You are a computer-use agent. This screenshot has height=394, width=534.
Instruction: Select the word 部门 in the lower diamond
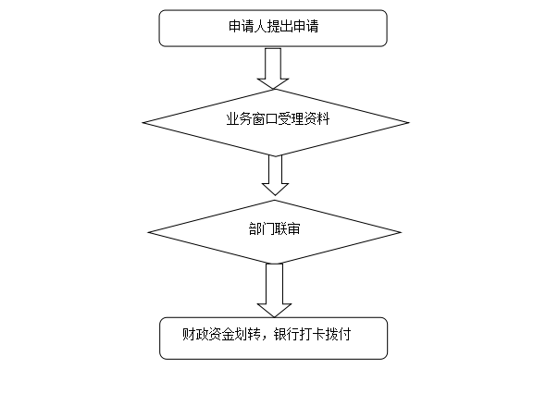click(262, 229)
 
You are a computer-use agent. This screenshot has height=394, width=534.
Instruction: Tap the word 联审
click(288, 229)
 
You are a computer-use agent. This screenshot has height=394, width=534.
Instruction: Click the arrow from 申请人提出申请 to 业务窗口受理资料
click(273, 68)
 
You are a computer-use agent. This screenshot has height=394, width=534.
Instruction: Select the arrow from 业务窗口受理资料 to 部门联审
click(275, 175)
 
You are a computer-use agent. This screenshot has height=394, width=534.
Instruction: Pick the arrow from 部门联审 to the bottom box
click(274, 290)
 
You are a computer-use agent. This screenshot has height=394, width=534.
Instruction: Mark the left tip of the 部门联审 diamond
click(148, 233)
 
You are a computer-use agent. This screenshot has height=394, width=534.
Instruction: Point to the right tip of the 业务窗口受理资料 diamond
click(409, 122)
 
